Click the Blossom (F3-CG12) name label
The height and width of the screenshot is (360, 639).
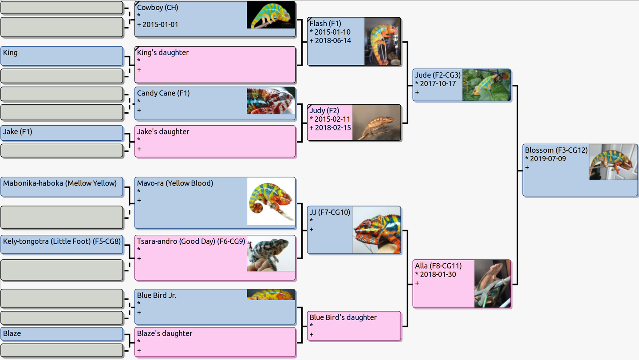556,150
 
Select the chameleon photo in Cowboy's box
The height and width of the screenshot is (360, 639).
271,15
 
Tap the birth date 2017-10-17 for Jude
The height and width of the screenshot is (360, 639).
438,83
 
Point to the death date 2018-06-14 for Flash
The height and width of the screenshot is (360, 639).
333,40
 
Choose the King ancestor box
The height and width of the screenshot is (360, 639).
62,56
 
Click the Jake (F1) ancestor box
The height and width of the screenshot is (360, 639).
62,133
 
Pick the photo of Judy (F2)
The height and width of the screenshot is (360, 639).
376,123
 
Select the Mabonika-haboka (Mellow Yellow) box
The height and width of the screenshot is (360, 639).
62,186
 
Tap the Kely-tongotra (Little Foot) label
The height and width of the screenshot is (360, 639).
62,241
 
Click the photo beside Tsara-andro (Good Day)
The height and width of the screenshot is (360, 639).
271,253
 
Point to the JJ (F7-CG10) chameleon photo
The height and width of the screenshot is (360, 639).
376,230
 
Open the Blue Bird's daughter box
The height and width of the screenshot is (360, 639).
354,326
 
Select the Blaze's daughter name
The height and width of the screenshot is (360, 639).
165,333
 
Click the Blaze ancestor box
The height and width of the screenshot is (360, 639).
62,334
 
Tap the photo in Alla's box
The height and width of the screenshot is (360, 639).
492,284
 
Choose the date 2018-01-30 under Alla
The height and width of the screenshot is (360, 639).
438,274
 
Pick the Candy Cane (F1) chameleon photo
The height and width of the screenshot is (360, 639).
271,101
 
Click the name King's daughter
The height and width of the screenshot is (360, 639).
163,52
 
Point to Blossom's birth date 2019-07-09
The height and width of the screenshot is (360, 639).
548,158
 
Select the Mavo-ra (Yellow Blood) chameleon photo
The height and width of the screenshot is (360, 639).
271,201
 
